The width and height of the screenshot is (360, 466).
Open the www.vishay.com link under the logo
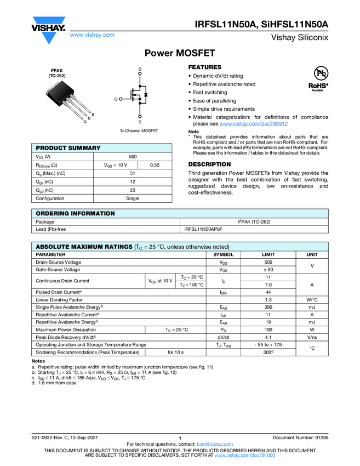[92, 35]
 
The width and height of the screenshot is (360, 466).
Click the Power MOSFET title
[180, 53]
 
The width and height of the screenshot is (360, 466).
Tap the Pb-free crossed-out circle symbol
[320, 73]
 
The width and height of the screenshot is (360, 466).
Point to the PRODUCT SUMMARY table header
[68, 148]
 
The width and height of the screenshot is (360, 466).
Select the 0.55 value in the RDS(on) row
[155, 165]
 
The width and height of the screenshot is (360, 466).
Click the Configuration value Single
[133, 198]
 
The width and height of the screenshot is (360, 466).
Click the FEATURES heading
[205, 67]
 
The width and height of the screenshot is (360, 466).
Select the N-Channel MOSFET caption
[139, 132]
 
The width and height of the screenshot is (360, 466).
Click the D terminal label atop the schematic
[140, 69]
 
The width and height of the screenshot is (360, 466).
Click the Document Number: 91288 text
[300, 437]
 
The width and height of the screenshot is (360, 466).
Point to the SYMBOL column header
[223, 255]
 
